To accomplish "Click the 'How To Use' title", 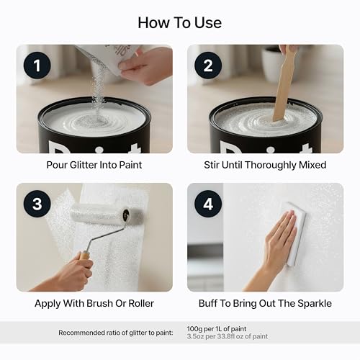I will point(180,22).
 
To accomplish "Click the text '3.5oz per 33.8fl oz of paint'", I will point(227,336).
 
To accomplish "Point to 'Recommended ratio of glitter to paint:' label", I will point(138,332).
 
